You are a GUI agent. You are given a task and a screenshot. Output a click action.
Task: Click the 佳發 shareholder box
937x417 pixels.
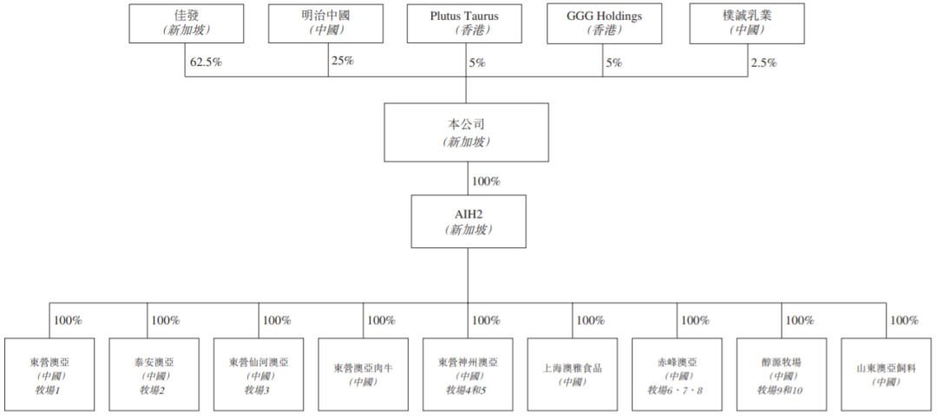pos(187,23)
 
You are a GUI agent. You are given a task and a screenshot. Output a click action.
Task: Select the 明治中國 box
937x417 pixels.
pos(325,23)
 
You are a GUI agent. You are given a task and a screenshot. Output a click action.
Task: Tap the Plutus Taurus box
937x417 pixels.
pos(464,23)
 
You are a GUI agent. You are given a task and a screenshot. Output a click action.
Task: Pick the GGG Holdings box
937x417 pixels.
pos(604,23)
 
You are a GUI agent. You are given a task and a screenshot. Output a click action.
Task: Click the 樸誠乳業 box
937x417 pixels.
pos(746,23)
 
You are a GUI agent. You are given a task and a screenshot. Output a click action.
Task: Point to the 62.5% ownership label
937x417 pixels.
pos(206,62)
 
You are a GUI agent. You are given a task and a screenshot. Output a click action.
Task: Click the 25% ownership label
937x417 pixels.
pos(343,61)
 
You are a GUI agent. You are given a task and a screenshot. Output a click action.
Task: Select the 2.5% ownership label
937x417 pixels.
pos(764,63)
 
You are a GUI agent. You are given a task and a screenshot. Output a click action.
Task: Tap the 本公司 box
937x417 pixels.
pos(466,132)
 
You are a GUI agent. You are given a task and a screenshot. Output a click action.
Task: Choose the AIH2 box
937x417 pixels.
pos(468,221)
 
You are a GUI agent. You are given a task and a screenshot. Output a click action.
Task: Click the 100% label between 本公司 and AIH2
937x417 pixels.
pos(486,181)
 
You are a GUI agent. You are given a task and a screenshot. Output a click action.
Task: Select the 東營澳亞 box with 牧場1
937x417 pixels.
pos(49,375)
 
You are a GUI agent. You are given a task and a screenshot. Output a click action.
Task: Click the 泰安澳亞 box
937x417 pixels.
pos(154,375)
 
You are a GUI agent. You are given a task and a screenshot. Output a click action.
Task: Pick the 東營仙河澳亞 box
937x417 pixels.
pos(259,375)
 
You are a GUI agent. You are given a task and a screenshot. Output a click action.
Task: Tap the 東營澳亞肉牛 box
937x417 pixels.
pos(364,375)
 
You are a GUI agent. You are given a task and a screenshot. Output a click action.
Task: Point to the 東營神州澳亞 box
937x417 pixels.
pos(468,375)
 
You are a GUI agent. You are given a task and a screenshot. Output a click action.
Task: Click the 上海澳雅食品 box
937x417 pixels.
pos(573,375)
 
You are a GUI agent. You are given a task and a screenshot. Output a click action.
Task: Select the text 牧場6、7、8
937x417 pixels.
pos(677,391)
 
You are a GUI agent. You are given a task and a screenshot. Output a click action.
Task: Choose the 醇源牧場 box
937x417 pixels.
pos(782,375)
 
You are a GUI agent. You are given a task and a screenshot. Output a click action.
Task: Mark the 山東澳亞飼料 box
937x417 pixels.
pos(887,375)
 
